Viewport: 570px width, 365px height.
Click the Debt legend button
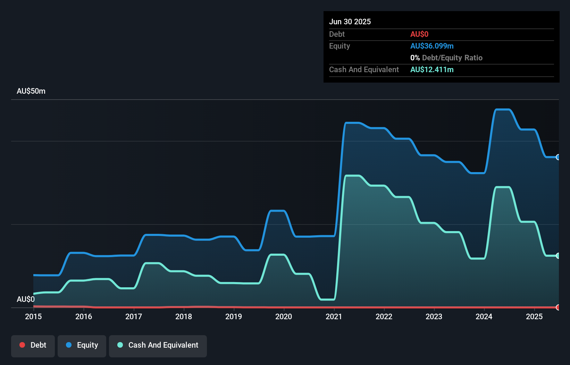click(x=33, y=345)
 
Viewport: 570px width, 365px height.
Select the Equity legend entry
click(x=82, y=345)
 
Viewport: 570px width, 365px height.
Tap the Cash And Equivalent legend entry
click(x=158, y=345)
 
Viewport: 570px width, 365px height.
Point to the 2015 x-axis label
click(x=33, y=316)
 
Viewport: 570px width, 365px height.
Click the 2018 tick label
click(x=184, y=316)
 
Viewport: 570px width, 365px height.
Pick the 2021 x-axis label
click(x=334, y=316)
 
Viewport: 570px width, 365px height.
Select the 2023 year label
click(x=434, y=316)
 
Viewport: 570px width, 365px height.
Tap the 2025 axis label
click(x=534, y=316)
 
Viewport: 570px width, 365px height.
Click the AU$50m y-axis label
click(x=31, y=91)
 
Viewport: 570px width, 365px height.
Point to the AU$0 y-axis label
click(x=26, y=299)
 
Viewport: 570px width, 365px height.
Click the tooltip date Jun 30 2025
click(x=350, y=22)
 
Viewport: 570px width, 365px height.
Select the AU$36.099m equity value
click(x=432, y=46)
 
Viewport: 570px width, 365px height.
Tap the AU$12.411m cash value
click(x=432, y=70)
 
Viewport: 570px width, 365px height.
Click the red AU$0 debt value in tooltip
click(x=419, y=34)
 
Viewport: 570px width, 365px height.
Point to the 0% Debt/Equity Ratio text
click(x=446, y=58)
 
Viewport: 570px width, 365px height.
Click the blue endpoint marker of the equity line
click(x=558, y=157)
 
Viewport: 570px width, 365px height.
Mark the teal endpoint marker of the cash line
click(x=558, y=256)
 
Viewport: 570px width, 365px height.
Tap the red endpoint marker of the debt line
click(x=558, y=307)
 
